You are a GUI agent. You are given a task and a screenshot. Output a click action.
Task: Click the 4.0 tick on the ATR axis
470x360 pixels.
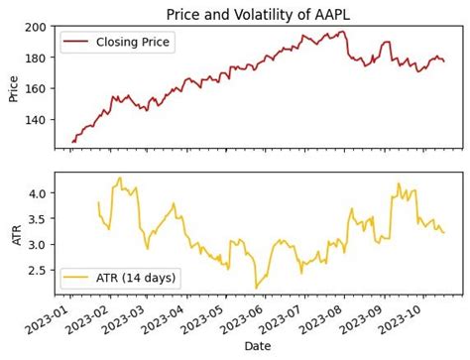[x=40, y=193]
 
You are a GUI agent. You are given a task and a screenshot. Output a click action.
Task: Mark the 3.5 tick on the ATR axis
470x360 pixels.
[x=40, y=219]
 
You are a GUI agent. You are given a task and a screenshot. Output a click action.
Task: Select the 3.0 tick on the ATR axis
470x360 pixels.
[x=40, y=245]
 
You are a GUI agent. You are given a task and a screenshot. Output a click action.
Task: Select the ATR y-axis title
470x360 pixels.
[x=13, y=232]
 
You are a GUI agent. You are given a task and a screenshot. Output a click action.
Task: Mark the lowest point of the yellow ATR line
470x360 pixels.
[x=256, y=289]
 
